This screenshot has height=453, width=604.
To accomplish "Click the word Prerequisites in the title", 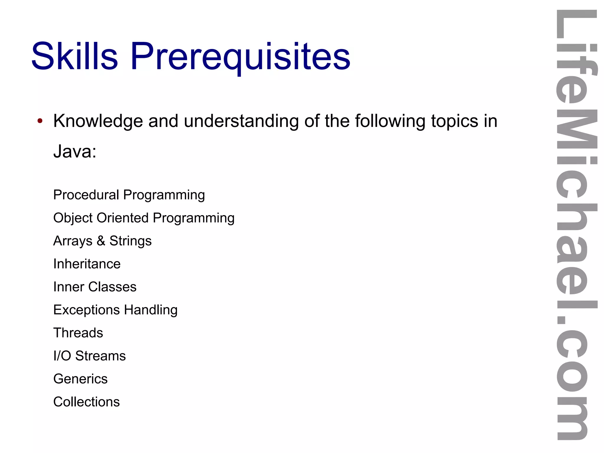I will [240, 57].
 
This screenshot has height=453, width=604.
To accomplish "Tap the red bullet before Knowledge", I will [40, 121].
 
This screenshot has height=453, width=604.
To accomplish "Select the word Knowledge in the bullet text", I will [98, 121].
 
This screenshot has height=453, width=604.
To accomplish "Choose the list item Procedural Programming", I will [129, 195].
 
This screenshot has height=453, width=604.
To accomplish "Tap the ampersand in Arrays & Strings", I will [101, 241].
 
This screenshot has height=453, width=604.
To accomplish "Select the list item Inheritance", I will [87, 264].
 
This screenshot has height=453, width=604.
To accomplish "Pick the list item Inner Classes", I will [95, 287].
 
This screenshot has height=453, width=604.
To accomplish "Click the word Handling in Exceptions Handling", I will [151, 310].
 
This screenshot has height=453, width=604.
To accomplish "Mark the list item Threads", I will [78, 333].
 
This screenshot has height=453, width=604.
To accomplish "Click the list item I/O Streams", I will [89, 356].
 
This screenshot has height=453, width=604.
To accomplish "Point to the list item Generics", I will [80, 379].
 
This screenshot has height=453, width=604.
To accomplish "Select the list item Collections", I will [86, 402].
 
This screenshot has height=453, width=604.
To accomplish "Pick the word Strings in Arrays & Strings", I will [130, 241].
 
